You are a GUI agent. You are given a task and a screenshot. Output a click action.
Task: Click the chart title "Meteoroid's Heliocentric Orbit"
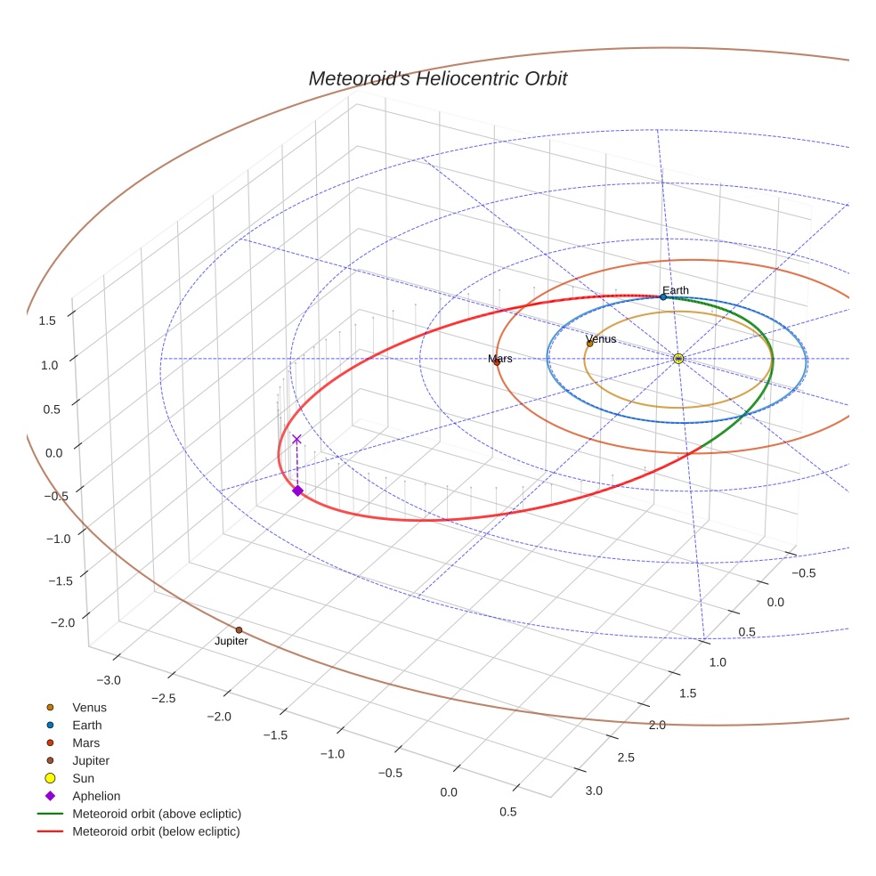click(x=437, y=78)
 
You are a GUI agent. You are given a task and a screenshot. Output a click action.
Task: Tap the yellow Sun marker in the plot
click(x=678, y=358)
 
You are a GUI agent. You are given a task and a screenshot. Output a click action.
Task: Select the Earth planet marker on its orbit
click(x=663, y=296)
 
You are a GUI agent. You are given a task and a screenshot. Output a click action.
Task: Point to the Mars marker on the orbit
click(x=497, y=361)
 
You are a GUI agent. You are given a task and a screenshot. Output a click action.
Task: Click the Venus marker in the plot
click(x=589, y=343)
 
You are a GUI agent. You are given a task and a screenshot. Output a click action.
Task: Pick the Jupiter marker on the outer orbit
click(x=239, y=630)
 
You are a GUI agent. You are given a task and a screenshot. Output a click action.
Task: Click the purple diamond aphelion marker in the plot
click(x=297, y=491)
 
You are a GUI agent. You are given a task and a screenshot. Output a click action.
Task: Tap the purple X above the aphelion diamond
click(x=296, y=439)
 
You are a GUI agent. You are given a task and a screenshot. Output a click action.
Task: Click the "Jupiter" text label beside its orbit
click(x=231, y=641)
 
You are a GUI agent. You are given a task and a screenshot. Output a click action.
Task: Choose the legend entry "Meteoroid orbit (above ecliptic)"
click(x=157, y=814)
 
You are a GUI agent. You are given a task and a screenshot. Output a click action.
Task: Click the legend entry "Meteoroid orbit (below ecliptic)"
click(x=157, y=831)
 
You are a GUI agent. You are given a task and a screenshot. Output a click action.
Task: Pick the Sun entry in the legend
click(x=83, y=778)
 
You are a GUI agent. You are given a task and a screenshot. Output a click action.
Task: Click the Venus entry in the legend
click(x=89, y=708)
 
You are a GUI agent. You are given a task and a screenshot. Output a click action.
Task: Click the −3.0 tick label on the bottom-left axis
click(x=109, y=680)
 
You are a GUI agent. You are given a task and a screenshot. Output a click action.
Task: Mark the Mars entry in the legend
click(x=85, y=742)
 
